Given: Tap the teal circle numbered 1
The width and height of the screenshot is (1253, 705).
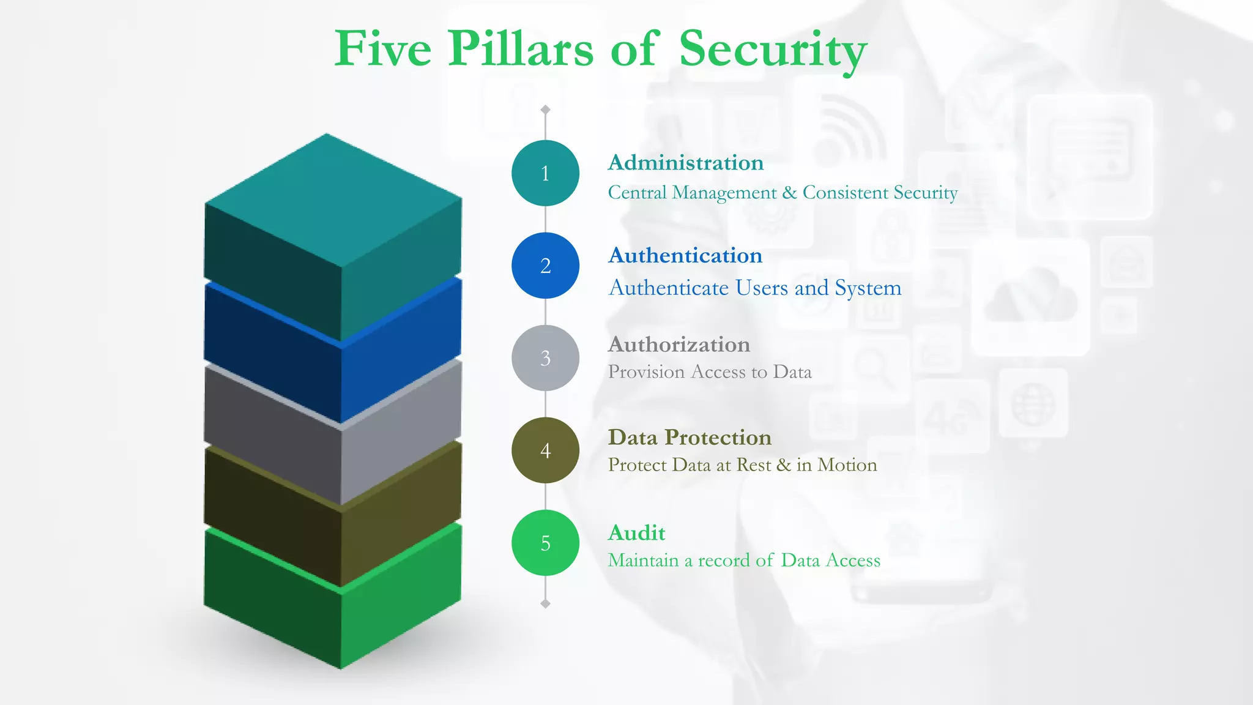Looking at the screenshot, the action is [545, 173].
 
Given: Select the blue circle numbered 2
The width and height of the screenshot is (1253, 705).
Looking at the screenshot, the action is [545, 266].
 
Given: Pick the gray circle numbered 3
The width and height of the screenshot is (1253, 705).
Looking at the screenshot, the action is [545, 358].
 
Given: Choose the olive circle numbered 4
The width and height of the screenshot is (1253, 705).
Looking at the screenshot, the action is [545, 450].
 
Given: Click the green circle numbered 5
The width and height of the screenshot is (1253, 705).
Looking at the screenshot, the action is [545, 543].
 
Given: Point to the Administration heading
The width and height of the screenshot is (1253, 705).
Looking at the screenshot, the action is [686, 163].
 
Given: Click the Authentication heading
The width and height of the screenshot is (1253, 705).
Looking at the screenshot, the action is [685, 256].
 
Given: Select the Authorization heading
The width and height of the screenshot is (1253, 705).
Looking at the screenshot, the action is [679, 345].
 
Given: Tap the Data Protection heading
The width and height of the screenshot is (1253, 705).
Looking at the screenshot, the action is [690, 438].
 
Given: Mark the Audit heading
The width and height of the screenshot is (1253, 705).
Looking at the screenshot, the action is [636, 533].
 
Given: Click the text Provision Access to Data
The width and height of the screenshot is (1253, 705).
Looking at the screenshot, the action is [710, 372].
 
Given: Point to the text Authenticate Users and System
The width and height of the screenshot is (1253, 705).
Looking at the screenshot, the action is [755, 288].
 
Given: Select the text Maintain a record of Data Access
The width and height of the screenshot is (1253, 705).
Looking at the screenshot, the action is [744, 561].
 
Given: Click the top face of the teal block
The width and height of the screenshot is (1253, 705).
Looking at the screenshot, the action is [333, 199].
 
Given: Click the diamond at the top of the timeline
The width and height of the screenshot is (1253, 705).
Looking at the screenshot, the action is [545, 110].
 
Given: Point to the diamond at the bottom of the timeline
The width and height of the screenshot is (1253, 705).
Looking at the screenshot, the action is [545, 604].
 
